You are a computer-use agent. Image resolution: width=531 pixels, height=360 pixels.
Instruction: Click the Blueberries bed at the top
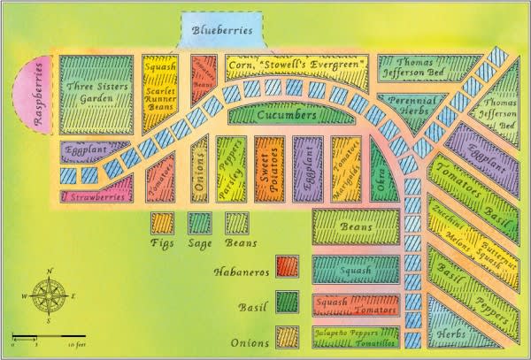tap(221, 32)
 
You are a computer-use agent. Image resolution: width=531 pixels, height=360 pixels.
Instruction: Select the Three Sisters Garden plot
tap(96, 94)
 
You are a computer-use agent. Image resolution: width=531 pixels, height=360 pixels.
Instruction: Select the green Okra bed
tap(382, 167)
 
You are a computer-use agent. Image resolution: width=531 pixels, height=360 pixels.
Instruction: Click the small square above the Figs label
tap(162, 222)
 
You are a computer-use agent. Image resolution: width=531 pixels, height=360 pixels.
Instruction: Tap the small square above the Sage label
tap(199, 222)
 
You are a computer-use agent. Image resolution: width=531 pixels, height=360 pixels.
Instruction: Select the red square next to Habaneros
tap(287, 265)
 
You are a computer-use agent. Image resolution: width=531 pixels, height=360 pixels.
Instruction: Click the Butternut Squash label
tap(496, 252)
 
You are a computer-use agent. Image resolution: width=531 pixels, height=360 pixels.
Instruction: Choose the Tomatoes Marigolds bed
tap(345, 165)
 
